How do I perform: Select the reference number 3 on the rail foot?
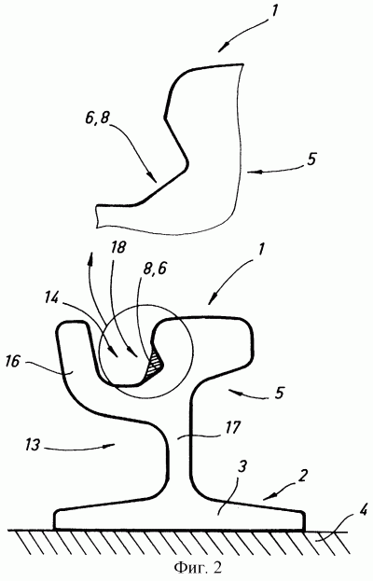[242, 466]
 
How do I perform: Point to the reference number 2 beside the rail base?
[303, 476]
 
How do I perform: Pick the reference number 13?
[33, 444]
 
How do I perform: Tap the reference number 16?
[13, 361]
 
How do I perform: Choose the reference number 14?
[51, 298]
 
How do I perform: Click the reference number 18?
[118, 248]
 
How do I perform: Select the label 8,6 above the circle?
[154, 268]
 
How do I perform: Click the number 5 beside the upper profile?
[311, 159]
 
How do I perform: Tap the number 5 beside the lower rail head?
[279, 393]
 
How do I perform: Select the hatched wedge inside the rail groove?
[154, 366]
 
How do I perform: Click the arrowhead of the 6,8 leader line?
[153, 178]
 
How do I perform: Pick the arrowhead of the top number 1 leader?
[223, 48]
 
